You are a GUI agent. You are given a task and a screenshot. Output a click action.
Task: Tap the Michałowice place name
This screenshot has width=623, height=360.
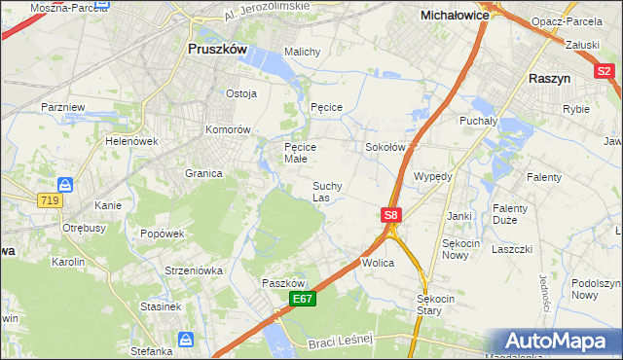click(454, 16)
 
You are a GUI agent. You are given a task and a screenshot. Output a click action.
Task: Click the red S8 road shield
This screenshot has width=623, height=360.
click(390, 215)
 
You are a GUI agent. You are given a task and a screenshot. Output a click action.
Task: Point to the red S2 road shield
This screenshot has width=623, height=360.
click(604, 70)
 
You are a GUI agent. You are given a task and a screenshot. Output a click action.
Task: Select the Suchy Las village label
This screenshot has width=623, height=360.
click(326, 192)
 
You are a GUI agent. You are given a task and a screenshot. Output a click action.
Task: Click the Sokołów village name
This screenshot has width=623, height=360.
click(384, 147)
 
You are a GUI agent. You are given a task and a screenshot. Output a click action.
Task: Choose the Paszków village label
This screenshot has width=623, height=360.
click(283, 282)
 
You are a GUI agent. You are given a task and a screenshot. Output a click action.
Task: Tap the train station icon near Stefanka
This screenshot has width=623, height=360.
click(185, 340)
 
